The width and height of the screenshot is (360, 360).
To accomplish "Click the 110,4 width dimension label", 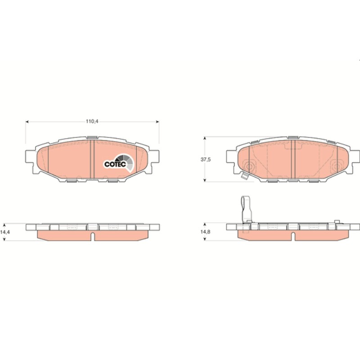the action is (92, 121).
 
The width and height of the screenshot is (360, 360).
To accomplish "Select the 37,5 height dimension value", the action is (206, 159).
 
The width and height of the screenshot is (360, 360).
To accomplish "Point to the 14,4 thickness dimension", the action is (5, 232).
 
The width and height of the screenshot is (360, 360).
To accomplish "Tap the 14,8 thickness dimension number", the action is (206, 232).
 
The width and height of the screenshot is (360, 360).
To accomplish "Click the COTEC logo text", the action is (115, 164).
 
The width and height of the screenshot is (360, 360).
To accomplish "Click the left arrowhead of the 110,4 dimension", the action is (27, 121).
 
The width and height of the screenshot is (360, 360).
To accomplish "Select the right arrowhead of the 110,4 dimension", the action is (157, 121).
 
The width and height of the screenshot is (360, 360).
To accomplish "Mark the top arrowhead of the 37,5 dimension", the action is (205, 139).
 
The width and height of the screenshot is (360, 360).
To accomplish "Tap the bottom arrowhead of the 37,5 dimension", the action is (205, 180).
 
